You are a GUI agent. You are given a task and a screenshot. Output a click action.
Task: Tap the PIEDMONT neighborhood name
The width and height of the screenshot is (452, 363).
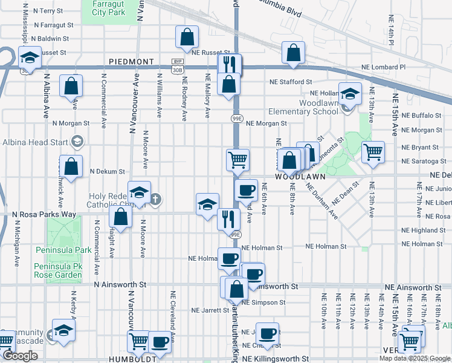coord(132,62)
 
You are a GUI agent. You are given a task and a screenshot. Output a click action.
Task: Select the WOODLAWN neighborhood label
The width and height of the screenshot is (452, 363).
coord(301,177)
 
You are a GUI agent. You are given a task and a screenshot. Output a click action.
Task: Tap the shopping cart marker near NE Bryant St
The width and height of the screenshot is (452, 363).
coord(373,152)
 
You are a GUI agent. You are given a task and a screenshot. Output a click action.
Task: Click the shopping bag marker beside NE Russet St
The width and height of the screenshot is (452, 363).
coord(187,37)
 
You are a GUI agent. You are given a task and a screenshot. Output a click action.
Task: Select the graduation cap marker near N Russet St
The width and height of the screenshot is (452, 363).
coord(30,57)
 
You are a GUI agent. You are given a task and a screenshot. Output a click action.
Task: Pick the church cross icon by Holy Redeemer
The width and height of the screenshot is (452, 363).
coord(155,199)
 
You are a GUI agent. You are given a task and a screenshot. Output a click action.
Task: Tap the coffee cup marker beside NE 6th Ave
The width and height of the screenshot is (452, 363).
coord(246,189)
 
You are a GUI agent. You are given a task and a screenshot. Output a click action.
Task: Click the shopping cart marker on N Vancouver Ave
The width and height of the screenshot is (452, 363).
coord(138,342)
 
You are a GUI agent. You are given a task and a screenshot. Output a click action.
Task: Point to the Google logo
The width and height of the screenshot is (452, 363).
coord(20,356)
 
